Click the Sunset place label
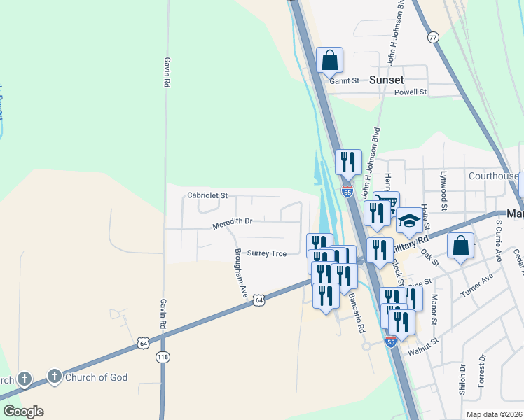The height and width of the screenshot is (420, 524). pos(386,80)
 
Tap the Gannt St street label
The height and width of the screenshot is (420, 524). pos(344,81)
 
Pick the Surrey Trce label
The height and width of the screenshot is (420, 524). pos(266,253)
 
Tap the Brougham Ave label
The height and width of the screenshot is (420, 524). pos(241,273)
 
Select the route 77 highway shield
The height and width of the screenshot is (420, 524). pos(433,37)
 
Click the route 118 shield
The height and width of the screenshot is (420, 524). pos(163,357)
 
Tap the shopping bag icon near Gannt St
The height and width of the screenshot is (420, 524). pos(329,60)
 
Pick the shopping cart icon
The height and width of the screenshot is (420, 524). pos(387,203)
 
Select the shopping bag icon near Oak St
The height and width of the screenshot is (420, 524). pos(460,246)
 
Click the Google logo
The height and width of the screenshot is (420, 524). pos(23,412)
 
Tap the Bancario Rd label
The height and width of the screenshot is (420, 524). pos(357,312)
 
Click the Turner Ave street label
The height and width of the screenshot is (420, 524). pos(476,286)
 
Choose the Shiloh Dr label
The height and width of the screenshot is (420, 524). pos(462,380)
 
